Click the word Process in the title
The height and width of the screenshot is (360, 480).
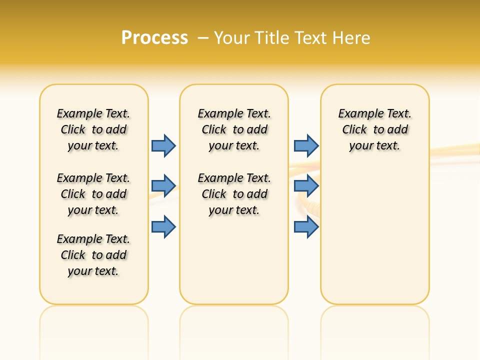click(154, 38)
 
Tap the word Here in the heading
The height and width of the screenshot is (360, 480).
click(352, 38)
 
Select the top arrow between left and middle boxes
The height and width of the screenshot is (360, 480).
click(163, 145)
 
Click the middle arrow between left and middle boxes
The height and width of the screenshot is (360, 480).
click(163, 186)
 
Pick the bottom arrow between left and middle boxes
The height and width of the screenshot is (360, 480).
click(163, 227)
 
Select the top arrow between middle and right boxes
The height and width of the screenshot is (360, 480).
click(306, 145)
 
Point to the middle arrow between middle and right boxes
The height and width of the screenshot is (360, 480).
click(306, 186)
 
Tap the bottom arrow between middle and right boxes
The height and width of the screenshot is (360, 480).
click(306, 227)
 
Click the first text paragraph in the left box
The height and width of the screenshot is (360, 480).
click(93, 129)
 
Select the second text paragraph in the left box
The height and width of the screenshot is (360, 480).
click(93, 194)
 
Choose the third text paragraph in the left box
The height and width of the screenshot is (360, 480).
click(93, 255)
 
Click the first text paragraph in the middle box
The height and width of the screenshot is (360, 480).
click(234, 129)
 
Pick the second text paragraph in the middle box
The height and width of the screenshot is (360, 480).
click(234, 194)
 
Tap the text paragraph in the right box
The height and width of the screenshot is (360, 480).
click(375, 129)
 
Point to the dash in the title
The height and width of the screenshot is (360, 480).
click(203, 38)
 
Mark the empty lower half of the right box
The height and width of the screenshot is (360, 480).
click(375, 240)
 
